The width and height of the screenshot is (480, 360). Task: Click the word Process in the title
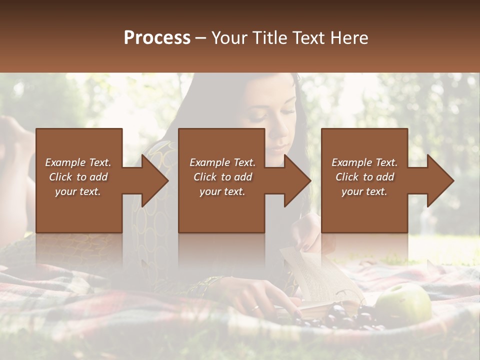[157, 37]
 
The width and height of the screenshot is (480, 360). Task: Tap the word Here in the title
[349, 37]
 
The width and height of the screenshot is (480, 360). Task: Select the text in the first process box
[78, 177]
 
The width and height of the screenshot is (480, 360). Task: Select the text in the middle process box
[222, 177]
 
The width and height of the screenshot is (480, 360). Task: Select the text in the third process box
[364, 177]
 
